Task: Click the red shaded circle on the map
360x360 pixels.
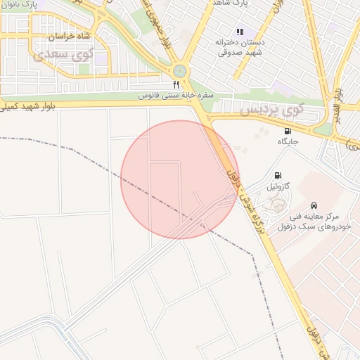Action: pos(180,179)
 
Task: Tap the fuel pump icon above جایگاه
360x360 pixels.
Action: pos(287,131)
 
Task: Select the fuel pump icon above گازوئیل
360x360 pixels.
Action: pos(277,175)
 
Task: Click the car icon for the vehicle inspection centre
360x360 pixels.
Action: pos(323,205)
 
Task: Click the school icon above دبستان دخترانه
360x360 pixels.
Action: pos(240,32)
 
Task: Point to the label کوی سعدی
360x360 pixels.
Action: pos(65,53)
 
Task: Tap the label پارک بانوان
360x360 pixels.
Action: pos(18,4)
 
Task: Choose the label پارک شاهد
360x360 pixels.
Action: pos(232,4)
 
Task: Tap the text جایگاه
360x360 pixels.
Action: pos(288,141)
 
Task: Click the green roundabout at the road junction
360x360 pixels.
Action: pos(181,71)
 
